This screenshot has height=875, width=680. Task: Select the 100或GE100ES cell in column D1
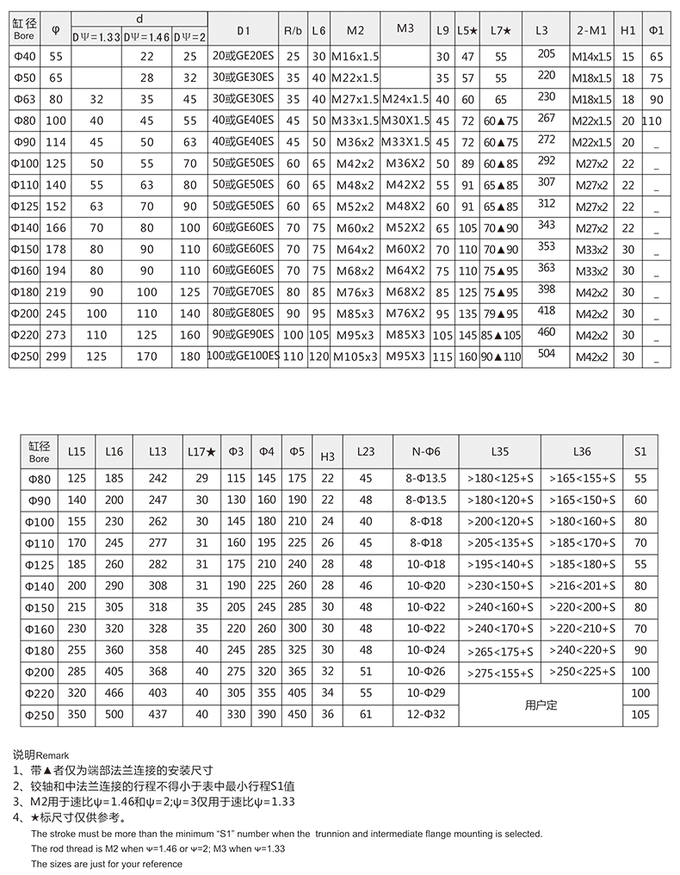[x=244, y=356]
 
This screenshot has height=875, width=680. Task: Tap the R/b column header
[x=293, y=31]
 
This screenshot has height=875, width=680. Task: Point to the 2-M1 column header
[x=592, y=31]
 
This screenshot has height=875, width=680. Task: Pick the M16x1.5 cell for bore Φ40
[x=355, y=57]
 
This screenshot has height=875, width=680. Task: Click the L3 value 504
[x=546, y=353]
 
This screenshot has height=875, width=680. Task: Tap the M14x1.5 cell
[x=592, y=57]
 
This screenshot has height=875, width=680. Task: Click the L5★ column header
[x=467, y=31]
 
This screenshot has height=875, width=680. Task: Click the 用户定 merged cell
[x=541, y=704]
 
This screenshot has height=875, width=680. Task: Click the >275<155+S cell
[x=500, y=673]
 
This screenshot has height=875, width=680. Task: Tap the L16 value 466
[x=114, y=692]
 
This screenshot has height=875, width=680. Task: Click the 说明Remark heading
[x=46, y=754]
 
